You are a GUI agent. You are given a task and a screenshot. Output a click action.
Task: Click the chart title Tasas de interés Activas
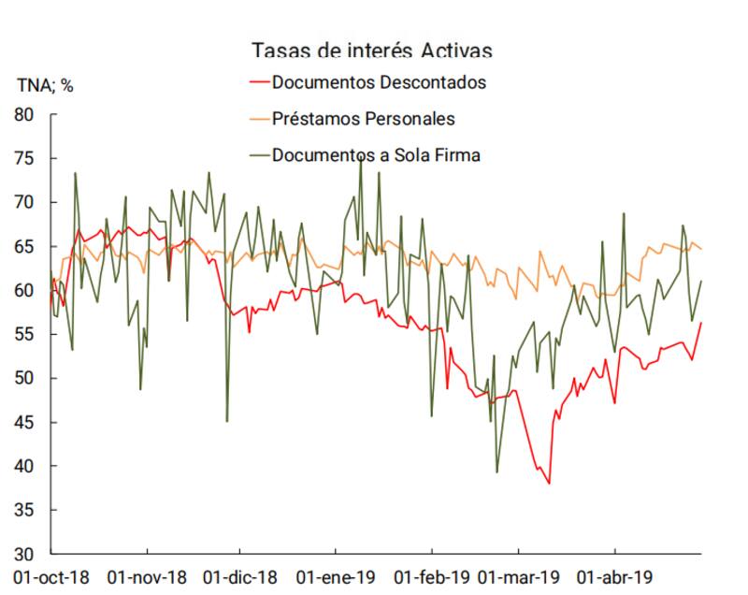(371, 50)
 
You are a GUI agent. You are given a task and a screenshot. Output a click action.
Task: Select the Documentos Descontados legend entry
(379, 81)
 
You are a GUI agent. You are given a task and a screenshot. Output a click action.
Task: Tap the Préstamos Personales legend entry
(364, 119)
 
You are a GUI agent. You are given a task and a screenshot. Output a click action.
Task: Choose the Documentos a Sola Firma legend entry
(376, 155)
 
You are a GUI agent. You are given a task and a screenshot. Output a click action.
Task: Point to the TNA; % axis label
(45, 85)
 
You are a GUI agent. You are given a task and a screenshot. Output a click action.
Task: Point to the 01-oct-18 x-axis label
(49, 577)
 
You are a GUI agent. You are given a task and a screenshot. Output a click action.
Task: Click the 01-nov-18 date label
(148, 577)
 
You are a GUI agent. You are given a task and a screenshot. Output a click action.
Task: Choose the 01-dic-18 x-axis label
(240, 577)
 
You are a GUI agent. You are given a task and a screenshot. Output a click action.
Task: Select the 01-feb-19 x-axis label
(432, 577)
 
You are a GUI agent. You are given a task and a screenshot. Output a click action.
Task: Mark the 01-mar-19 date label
(521, 577)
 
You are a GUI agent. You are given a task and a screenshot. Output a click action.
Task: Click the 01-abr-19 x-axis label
(615, 577)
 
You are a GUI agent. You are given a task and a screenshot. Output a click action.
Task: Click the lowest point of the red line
(549, 484)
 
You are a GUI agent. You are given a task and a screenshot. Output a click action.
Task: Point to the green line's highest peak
(361, 159)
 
